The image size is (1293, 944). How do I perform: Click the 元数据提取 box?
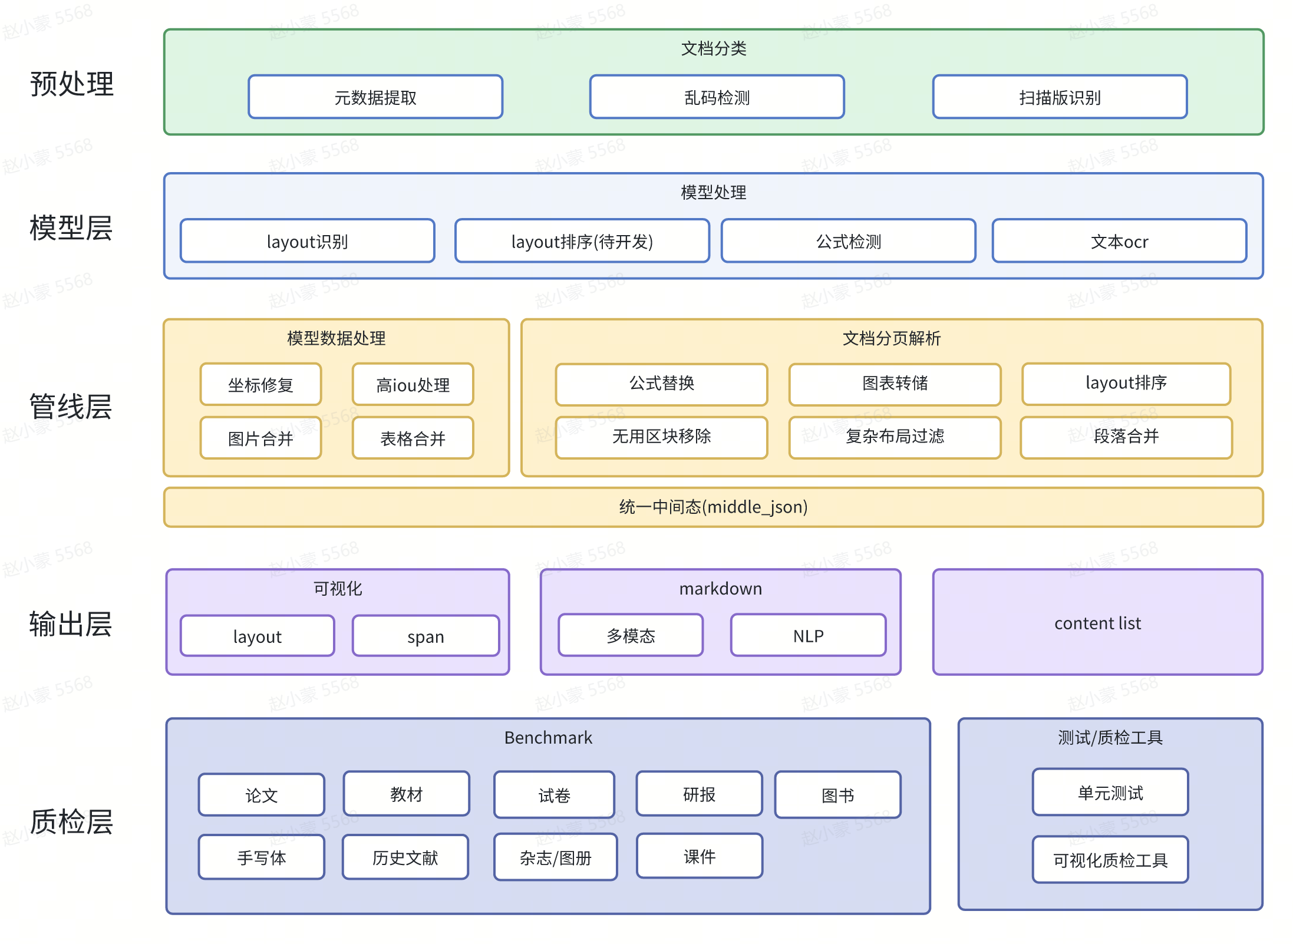tap(375, 97)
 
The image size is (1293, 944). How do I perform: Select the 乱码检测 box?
tap(717, 97)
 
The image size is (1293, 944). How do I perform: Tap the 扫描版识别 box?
tap(1060, 97)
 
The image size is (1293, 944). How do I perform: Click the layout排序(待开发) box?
tap(582, 242)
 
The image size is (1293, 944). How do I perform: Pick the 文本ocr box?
tap(1119, 242)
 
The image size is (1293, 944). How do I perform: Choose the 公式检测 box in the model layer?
tap(848, 242)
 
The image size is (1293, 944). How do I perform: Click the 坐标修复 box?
tap(260, 385)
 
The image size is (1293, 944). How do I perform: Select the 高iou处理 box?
tap(413, 385)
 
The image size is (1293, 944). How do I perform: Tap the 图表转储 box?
tap(895, 384)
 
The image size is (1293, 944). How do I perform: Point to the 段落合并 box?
tap(1126, 437)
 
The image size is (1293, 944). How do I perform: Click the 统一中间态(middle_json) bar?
tap(713, 507)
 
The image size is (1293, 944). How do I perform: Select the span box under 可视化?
tap(425, 636)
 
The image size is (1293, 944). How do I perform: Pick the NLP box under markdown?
tap(808, 636)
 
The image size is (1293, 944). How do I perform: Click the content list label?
tap(1097, 623)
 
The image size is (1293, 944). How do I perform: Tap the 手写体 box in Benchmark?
tap(261, 857)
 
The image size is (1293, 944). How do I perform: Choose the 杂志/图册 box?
tap(555, 857)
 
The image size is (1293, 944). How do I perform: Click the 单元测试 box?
tap(1110, 793)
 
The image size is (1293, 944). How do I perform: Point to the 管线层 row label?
tap(71, 407)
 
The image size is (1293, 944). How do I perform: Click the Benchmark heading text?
tap(548, 737)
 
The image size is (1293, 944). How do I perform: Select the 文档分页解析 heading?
tap(891, 338)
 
